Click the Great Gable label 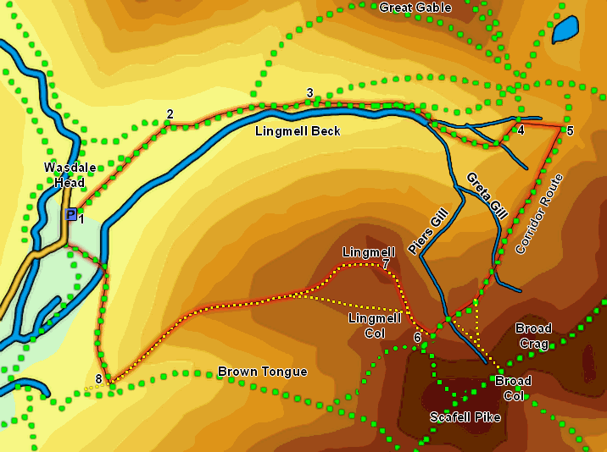click(415, 8)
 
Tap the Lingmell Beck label click(298, 131)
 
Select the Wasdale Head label click(64, 175)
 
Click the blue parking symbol click(70, 215)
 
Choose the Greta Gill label click(487, 196)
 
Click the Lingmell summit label click(368, 252)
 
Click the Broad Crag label click(533, 336)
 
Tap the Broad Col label click(513, 389)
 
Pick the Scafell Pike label click(465, 417)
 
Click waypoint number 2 click(170, 114)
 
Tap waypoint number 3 click(310, 93)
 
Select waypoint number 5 click(570, 130)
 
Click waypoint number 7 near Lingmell click(386, 265)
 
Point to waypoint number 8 click(99, 378)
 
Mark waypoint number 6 click(417, 338)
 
